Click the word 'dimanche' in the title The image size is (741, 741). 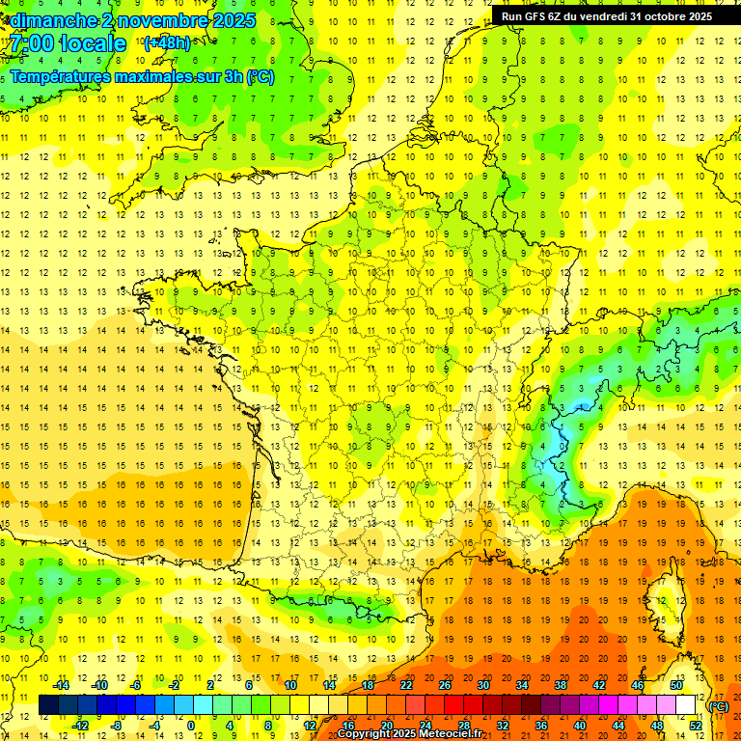48,20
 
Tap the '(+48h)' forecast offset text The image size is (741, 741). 167,43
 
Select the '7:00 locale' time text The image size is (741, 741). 68,43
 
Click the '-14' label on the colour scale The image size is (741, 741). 62,686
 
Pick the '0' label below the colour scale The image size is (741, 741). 191,725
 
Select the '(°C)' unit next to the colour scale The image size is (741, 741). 719,706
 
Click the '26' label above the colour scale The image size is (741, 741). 445,686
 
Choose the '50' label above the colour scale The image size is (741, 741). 675,686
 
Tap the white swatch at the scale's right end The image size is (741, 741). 686,705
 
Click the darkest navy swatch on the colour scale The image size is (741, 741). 48,705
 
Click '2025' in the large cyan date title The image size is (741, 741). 233,20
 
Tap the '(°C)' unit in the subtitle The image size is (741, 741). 260,76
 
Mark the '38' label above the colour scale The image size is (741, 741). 560,686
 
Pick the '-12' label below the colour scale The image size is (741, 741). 81,725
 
